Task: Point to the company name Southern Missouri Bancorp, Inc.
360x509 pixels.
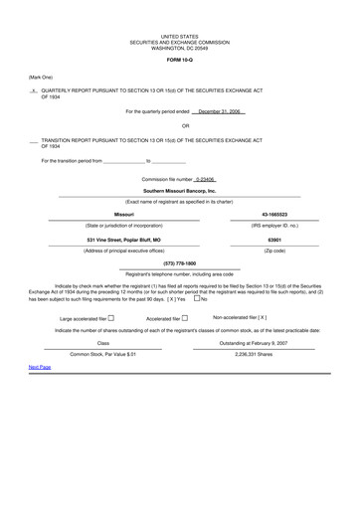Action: [179, 190]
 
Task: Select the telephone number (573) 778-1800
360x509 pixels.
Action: [179, 262]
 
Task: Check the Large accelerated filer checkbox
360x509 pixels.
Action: [110, 318]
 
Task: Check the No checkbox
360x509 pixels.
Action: [198, 298]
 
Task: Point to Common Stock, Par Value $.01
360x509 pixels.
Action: [95, 353]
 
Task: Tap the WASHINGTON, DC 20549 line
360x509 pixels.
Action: [179, 46]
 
